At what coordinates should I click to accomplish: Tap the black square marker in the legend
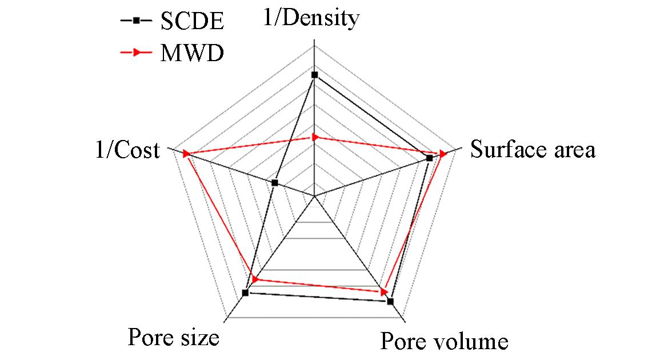pyautogui.click(x=137, y=22)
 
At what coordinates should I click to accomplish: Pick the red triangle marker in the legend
pyautogui.click(x=137, y=53)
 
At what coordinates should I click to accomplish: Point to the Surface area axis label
pyautogui.click(x=533, y=150)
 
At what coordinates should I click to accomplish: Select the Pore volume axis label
pyautogui.click(x=444, y=341)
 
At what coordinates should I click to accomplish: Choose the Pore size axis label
pyautogui.click(x=174, y=337)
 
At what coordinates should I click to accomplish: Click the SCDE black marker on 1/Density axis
pyautogui.click(x=314, y=75)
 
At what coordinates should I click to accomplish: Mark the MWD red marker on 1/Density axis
pyautogui.click(x=314, y=137)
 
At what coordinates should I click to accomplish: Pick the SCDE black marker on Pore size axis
pyautogui.click(x=245, y=293)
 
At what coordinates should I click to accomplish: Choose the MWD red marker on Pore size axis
pyautogui.click(x=255, y=279)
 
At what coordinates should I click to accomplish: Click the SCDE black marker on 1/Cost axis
pyautogui.click(x=275, y=183)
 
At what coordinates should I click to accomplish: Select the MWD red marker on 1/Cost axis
pyautogui.click(x=186, y=154)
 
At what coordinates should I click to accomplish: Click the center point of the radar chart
pyautogui.click(x=314, y=196)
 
